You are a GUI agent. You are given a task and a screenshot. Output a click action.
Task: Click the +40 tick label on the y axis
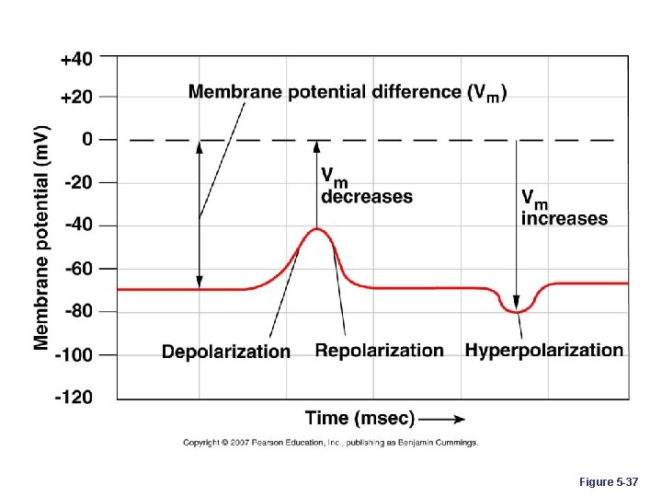(x=76, y=58)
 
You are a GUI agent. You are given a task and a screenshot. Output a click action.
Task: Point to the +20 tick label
(x=76, y=97)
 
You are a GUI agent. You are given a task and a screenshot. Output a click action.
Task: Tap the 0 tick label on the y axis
(x=86, y=140)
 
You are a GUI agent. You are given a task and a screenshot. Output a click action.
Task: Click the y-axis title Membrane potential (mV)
(x=42, y=237)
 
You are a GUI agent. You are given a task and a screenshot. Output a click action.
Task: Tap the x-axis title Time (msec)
(x=360, y=419)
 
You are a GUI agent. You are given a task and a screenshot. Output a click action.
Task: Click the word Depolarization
(x=226, y=352)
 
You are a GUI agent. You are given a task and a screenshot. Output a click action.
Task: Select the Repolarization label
(x=379, y=351)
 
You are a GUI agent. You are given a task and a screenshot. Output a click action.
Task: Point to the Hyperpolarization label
(x=543, y=350)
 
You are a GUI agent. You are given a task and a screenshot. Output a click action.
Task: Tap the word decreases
(x=366, y=197)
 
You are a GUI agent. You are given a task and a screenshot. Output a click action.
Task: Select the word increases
(x=564, y=219)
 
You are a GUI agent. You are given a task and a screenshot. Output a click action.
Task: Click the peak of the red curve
(x=317, y=229)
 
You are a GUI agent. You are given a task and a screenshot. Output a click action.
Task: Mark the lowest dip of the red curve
(x=518, y=312)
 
